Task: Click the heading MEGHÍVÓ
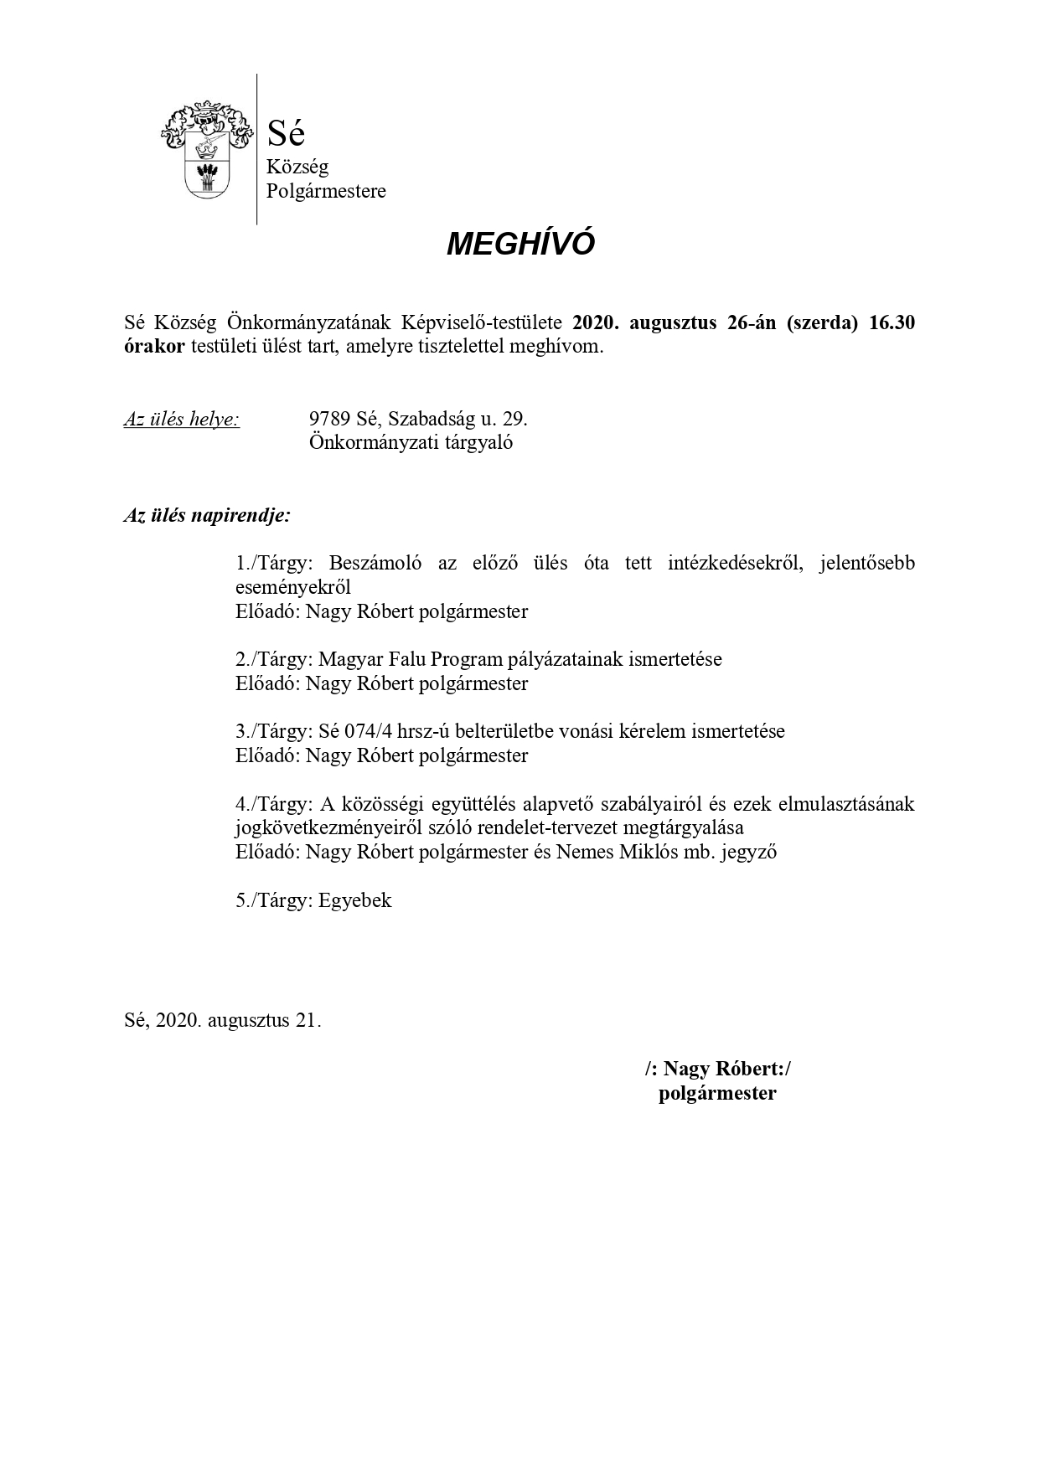(520, 244)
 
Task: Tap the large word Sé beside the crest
(286, 132)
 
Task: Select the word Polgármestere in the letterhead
(326, 191)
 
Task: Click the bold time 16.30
(892, 323)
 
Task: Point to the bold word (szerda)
(822, 323)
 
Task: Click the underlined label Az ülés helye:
(181, 419)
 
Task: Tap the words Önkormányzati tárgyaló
(411, 442)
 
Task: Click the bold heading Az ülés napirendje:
(207, 515)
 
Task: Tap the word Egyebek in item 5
(354, 900)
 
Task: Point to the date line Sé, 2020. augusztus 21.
(222, 1020)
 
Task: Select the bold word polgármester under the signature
(717, 1093)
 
